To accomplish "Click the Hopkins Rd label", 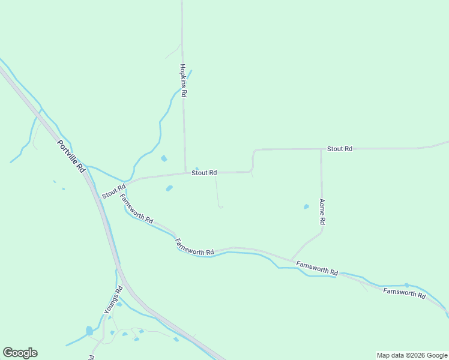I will tap(184, 81).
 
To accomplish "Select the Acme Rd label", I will tap(322, 212).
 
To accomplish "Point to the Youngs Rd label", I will tap(113, 300).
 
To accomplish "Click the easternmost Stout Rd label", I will tap(339, 148).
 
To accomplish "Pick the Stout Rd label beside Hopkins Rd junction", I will tap(204, 173).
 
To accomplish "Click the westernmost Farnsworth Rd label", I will tap(136, 208).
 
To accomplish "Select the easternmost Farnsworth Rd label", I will tap(405, 293).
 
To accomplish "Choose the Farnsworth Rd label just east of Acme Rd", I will tap(317, 268).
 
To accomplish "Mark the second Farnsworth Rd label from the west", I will tap(194, 247).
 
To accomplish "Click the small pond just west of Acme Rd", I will tap(306, 206).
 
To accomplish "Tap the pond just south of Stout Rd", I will tap(169, 188).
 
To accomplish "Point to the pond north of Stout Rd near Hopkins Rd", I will tap(164, 158).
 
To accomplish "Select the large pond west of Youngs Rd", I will tap(89, 331).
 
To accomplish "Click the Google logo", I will tap(20, 353).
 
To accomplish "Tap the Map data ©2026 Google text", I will tap(412, 355).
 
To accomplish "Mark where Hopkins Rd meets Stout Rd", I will tap(185, 173).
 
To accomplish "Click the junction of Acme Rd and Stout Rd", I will tap(321, 149).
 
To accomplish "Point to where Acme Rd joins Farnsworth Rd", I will tap(292, 260).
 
